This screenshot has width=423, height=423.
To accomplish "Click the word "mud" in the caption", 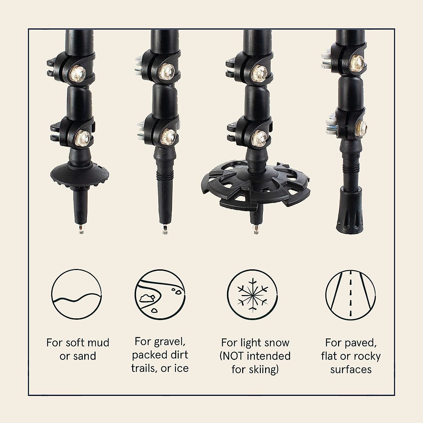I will [87, 343].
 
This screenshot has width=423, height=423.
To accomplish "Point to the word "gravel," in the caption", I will [171, 342].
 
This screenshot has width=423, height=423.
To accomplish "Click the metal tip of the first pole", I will [81, 230].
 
